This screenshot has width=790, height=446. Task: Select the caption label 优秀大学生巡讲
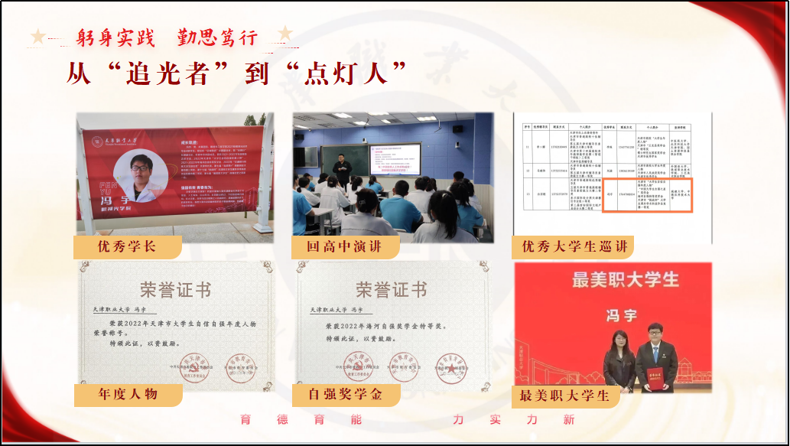tap(574, 247)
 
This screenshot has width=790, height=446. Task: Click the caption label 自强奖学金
tap(343, 395)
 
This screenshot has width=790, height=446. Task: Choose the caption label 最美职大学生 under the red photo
tap(564, 395)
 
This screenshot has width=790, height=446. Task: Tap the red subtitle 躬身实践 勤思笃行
tap(167, 37)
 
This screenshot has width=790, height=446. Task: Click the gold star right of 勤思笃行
tap(285, 34)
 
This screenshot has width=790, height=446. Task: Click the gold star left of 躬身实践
tap(37, 35)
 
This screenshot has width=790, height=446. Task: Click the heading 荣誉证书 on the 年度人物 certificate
tap(175, 290)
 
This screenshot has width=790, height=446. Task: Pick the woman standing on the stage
tap(618, 360)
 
